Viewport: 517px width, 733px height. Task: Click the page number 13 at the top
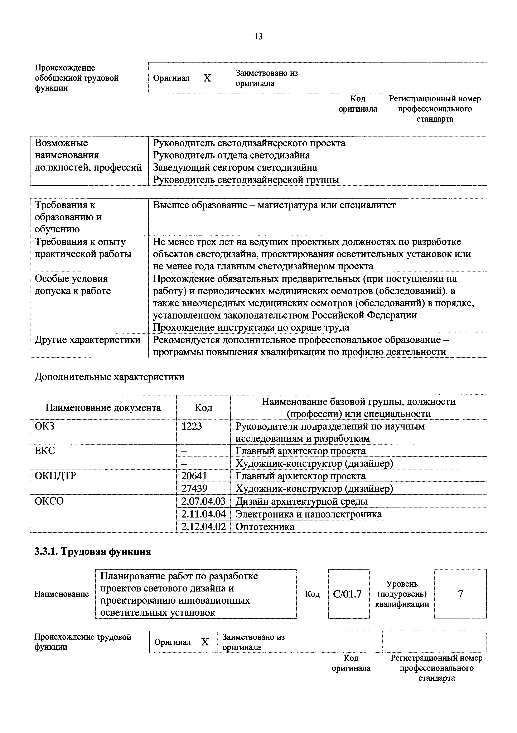point(258,37)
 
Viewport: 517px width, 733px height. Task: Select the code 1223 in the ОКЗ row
point(192,426)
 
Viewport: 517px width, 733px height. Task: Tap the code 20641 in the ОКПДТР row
point(194,476)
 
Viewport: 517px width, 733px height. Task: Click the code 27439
point(194,488)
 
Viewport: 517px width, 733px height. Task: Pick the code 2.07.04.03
point(203,501)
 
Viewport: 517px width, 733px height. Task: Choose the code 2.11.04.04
point(203,514)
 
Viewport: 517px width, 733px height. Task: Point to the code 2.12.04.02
point(203,526)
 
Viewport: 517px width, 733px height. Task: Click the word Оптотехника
point(265,527)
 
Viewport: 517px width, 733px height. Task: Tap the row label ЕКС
point(45,451)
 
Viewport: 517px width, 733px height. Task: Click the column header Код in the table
point(203,408)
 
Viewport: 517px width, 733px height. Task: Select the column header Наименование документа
point(103,408)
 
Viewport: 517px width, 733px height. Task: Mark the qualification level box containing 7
point(460,594)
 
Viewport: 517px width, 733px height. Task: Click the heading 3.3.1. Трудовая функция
point(92,552)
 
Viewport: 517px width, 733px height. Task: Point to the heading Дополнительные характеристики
point(109,377)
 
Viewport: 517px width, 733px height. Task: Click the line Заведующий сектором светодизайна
point(235,168)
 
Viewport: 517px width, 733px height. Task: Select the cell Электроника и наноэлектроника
point(308,514)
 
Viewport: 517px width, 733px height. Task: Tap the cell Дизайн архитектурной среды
point(301,501)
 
